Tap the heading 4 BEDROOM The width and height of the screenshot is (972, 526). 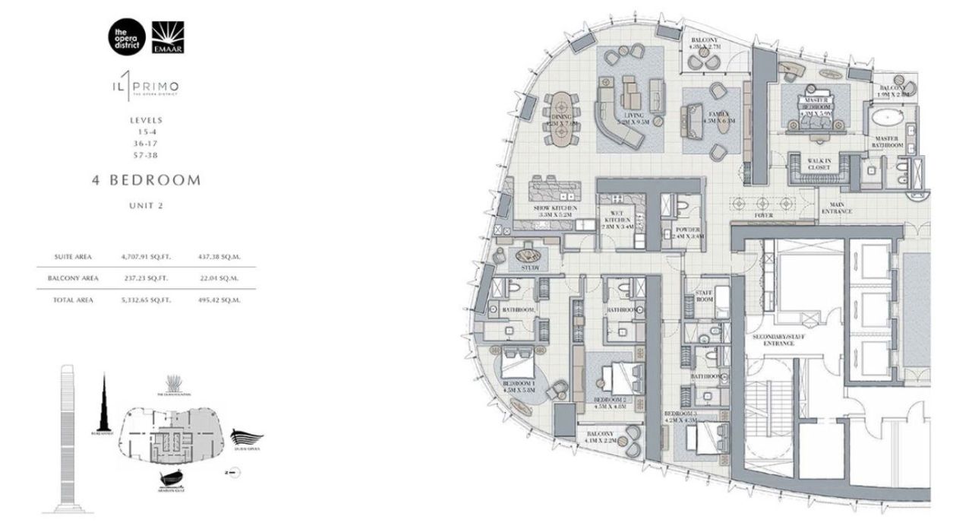[146, 181]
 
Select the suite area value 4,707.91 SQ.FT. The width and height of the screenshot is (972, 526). [144, 257]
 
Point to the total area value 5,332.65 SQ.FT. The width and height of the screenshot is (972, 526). [144, 300]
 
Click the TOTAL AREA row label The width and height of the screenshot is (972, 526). [74, 300]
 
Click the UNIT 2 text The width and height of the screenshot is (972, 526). [146, 205]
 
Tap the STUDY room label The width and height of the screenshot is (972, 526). [530, 268]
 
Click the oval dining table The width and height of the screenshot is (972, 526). [563, 118]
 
